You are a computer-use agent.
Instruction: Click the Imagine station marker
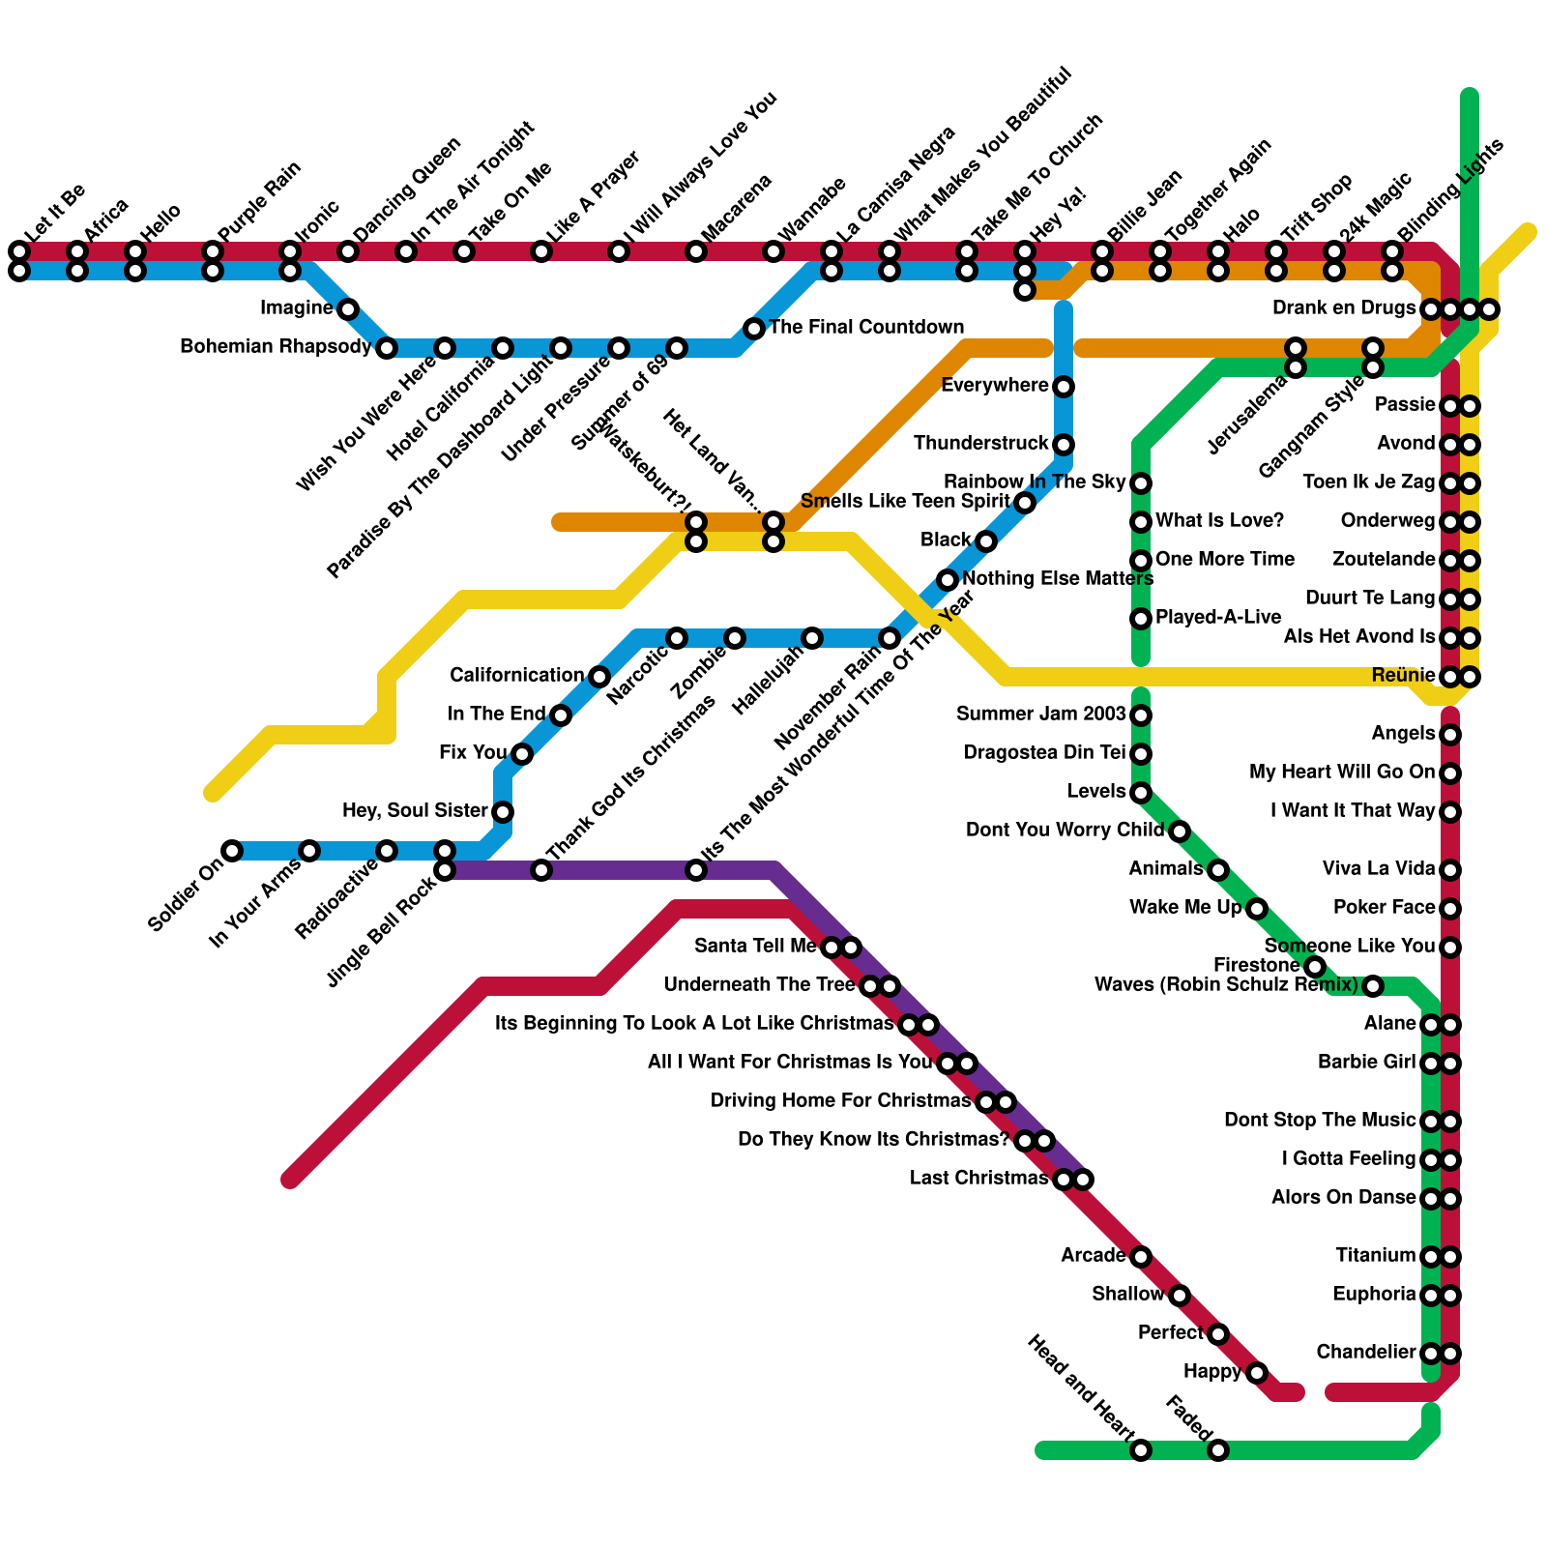[348, 309]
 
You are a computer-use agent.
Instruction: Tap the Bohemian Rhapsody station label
[276, 347]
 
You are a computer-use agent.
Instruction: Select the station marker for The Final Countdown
[754, 329]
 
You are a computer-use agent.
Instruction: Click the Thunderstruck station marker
[1064, 445]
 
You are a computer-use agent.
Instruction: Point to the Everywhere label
[994, 386]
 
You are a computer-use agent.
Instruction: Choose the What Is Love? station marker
[1141, 522]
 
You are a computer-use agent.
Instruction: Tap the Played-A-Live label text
[1218, 617]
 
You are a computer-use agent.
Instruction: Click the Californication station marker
[599, 677]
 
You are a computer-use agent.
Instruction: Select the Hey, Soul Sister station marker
[503, 812]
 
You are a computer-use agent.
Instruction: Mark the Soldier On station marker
[232, 851]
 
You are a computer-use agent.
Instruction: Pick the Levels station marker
[1141, 793]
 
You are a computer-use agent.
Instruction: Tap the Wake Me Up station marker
[1257, 909]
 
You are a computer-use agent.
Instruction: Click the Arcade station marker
[1141, 1257]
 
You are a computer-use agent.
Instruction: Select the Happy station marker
[1257, 1373]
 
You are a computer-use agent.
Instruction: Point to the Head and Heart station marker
[1141, 1450]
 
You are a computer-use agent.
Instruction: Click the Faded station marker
[1218, 1450]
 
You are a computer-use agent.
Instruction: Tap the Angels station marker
[1450, 735]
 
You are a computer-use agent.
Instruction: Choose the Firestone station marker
[1315, 967]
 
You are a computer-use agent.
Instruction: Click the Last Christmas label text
[978, 1179]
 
